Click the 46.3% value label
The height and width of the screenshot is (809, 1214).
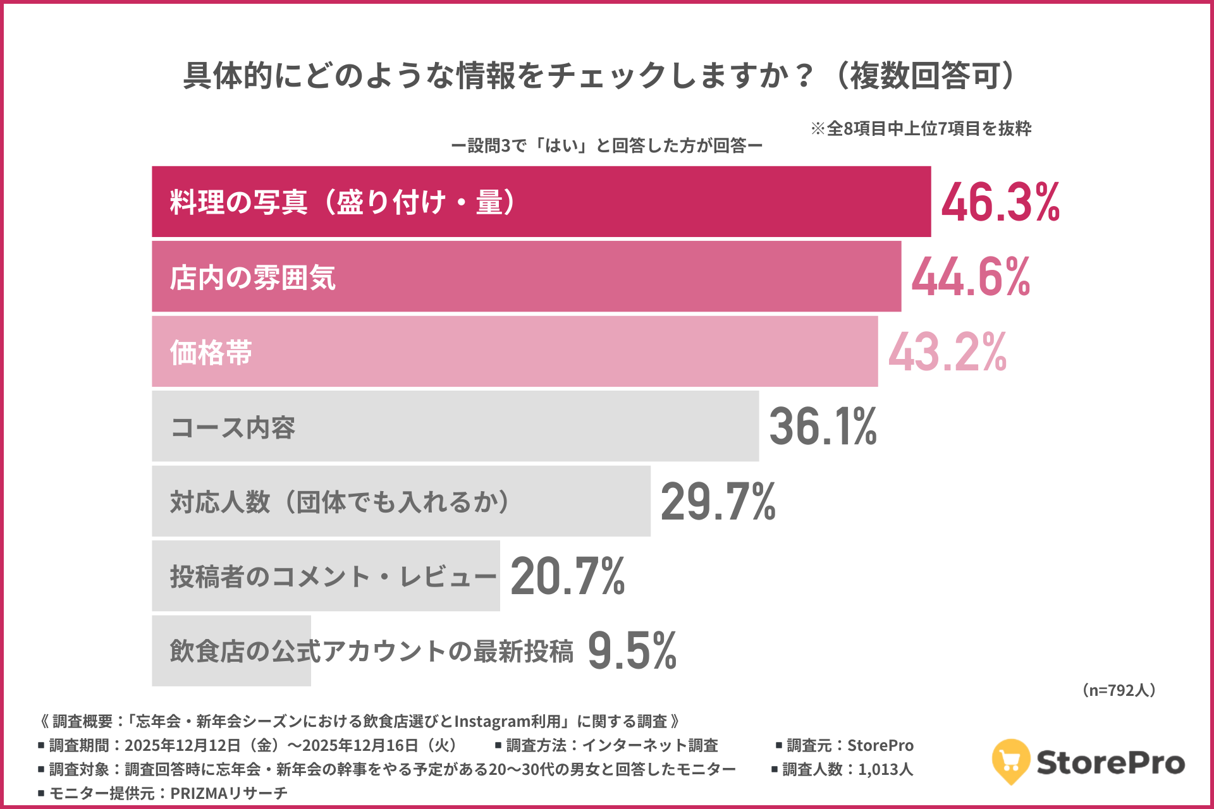[1000, 202]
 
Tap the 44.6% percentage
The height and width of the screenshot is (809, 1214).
[971, 277]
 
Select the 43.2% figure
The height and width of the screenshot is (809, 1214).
[947, 352]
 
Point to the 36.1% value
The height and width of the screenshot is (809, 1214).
[823, 427]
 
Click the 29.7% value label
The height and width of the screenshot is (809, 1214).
[718, 502]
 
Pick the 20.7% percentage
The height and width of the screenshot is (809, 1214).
[567, 576]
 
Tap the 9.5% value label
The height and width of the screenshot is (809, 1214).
[632, 651]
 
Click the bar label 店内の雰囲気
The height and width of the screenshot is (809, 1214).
[252, 278]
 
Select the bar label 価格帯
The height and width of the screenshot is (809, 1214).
[211, 353]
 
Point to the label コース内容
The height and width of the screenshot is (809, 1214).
[233, 428]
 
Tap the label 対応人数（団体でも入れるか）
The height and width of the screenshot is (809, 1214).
[340, 502]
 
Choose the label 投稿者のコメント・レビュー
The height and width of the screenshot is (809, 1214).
[333, 577]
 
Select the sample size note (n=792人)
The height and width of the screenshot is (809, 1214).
[1119, 690]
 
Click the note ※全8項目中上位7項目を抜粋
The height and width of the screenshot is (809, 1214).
[921, 129]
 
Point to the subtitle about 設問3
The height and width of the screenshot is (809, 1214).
[606, 146]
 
